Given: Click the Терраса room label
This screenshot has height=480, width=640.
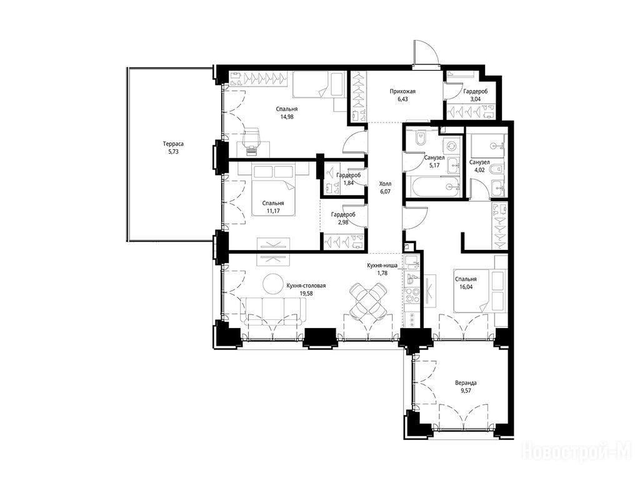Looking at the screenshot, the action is coord(173,144).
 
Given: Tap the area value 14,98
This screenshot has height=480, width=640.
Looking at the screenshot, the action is coord(286,116).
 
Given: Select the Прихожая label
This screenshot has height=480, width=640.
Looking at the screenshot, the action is coord(402,91).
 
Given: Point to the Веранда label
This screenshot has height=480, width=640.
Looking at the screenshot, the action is coord(466,383).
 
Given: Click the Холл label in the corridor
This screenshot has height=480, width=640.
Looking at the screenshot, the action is coord(385,184).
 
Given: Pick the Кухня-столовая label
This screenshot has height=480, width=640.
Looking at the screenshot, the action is coord(306,286).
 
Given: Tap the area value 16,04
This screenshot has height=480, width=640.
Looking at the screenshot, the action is coord(466,286).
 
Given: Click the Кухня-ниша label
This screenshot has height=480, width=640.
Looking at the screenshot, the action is coord(382,266).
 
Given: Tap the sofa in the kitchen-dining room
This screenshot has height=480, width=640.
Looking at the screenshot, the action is coord(273,311).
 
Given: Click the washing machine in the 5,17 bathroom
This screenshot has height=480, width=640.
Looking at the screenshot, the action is coord(452,146).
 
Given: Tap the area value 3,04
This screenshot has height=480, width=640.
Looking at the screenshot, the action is coord(475,99).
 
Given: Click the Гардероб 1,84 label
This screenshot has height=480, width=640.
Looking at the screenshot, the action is coord(349,179).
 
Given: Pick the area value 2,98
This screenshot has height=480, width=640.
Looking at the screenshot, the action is coord(343,222).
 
